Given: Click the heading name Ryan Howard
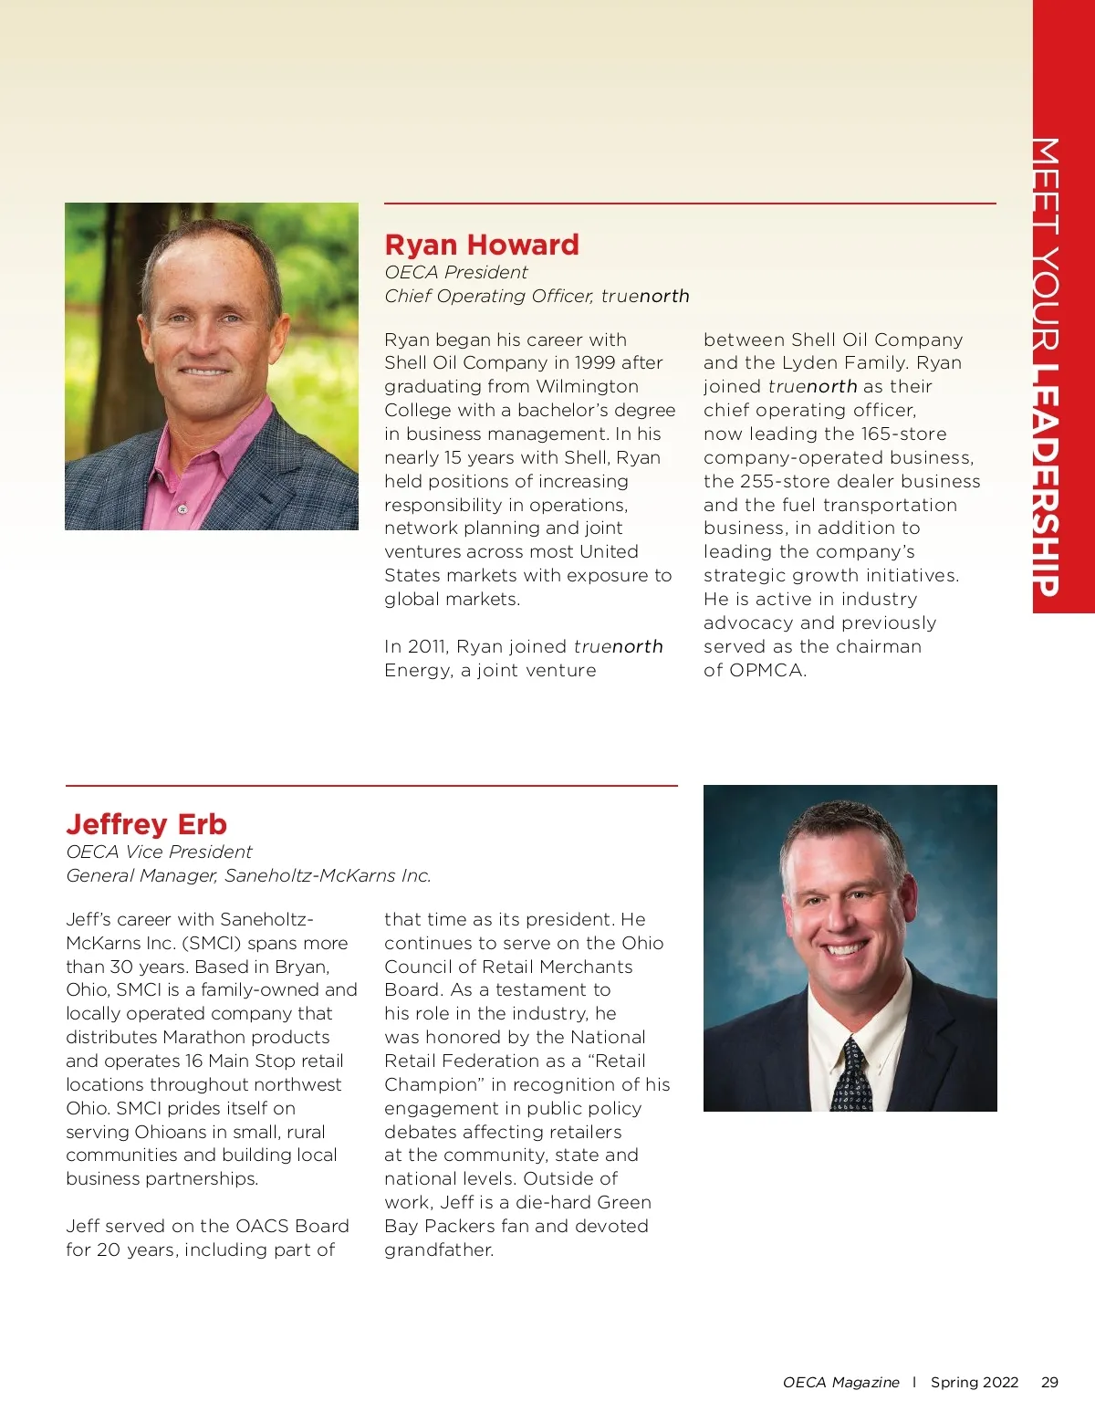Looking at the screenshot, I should click(482, 245).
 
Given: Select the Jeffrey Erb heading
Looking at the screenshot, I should click(146, 824).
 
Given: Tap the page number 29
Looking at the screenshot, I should click(1049, 1382).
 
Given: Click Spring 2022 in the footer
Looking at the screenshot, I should click(974, 1382).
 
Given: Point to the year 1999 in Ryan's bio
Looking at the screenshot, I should click(596, 362).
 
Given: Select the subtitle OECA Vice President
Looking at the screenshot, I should click(159, 852).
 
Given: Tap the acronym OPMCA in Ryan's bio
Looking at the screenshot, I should click(755, 670).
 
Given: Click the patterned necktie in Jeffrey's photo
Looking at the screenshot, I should click(851, 1076).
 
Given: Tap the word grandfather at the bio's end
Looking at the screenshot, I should click(438, 1249).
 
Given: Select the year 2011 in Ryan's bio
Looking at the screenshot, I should click(426, 646).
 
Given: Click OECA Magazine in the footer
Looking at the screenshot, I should click(840, 1382).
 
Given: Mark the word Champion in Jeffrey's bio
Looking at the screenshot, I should click(432, 1084).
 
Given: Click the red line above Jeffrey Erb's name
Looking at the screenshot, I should click(371, 785).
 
